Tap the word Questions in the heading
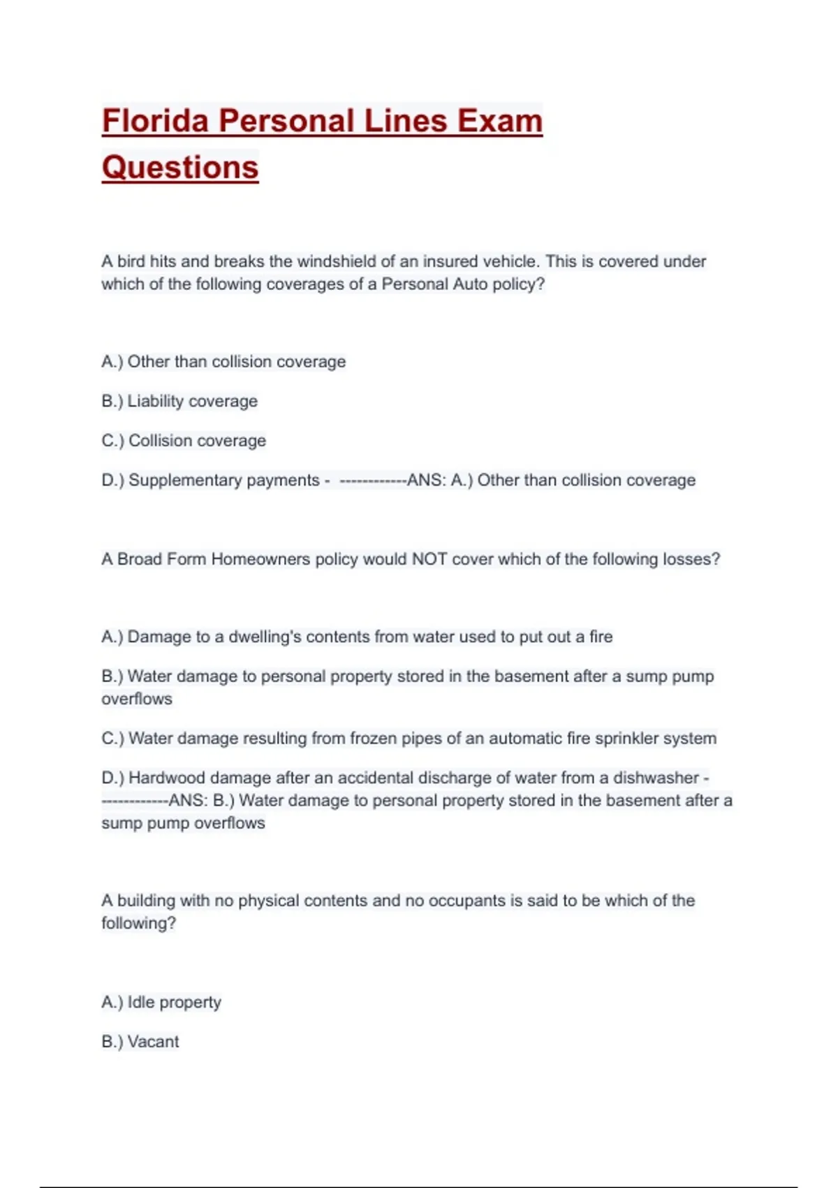(x=180, y=168)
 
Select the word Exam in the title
(x=500, y=121)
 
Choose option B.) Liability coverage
(x=179, y=401)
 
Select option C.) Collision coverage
(x=184, y=441)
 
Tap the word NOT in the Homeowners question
(x=429, y=559)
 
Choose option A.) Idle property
(x=161, y=1002)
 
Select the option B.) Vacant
(x=140, y=1042)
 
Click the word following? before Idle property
(x=138, y=923)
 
